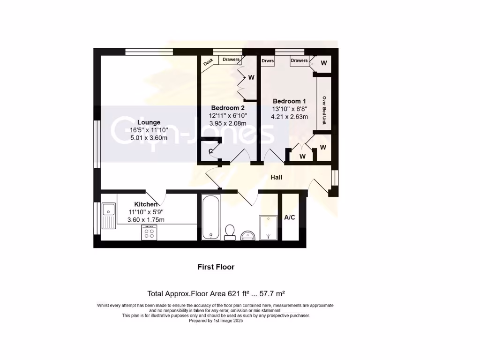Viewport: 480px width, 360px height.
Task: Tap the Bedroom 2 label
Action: (228, 107)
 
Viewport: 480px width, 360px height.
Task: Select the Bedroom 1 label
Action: (290, 101)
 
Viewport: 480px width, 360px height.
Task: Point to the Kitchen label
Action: (146, 204)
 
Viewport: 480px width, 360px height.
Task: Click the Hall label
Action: (276, 177)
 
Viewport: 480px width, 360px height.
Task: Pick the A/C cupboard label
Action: (290, 217)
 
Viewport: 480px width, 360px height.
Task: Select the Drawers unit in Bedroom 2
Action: (231, 60)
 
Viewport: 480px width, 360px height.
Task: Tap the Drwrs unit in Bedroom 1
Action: (268, 60)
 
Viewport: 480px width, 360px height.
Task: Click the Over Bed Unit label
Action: (323, 111)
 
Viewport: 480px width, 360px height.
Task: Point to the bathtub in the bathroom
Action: (211, 217)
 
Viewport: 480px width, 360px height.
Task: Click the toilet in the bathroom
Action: (230, 232)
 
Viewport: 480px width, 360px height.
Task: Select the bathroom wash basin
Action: (248, 235)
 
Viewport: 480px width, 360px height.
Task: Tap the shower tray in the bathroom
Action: (268, 227)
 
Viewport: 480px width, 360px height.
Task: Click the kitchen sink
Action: (109, 216)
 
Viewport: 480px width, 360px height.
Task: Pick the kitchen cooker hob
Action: (150, 233)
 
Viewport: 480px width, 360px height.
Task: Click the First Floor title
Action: (216, 267)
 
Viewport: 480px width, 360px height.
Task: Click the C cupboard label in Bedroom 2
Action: (210, 150)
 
